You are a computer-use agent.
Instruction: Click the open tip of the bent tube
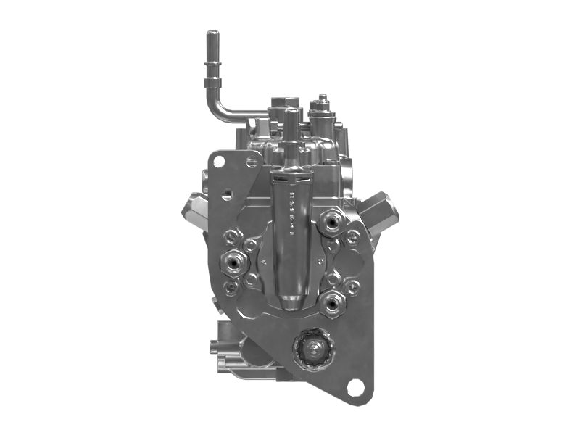pyautogui.click(x=212, y=34)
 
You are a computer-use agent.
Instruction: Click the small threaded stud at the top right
pyautogui.click(x=321, y=101)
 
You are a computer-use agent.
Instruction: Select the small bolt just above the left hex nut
pyautogui.click(x=231, y=235)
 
